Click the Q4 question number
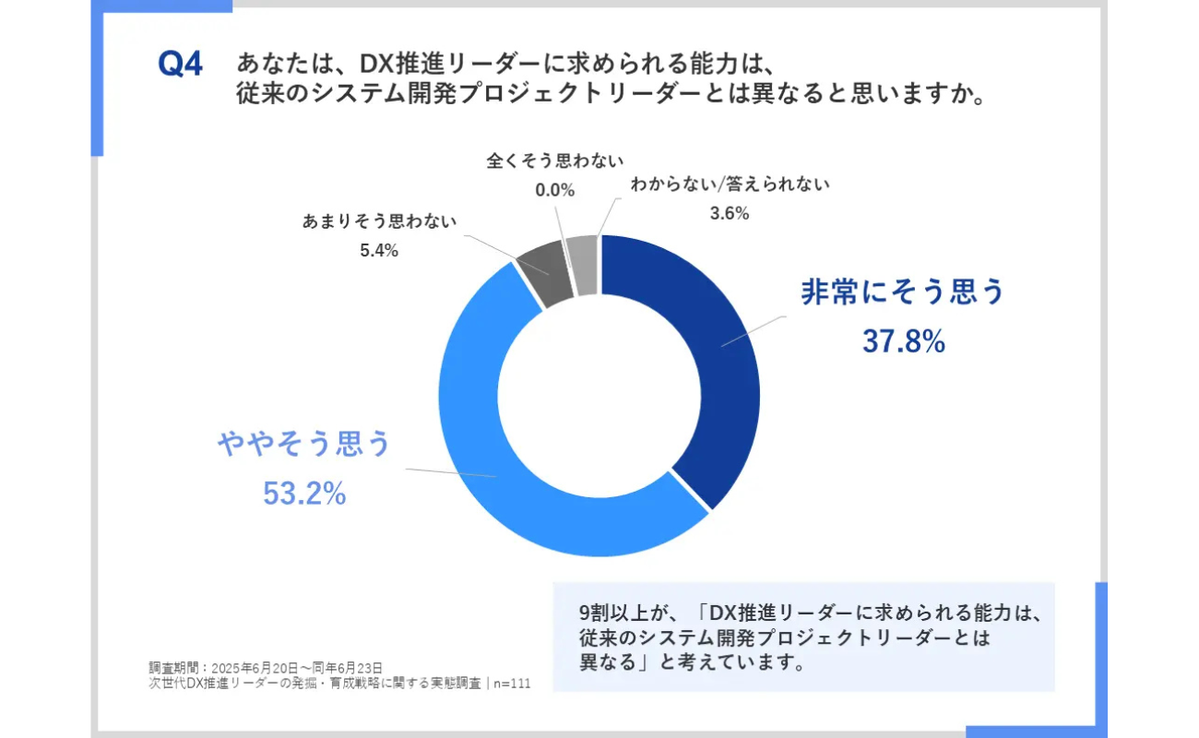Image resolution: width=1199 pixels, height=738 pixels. [x=180, y=66]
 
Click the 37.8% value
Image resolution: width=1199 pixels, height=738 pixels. [x=903, y=341]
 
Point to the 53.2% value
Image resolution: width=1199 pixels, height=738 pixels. [x=304, y=494]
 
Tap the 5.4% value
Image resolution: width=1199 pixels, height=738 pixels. [x=378, y=250]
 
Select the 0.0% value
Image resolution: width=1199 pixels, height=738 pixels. [x=555, y=190]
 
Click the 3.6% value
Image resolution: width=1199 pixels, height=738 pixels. [x=729, y=213]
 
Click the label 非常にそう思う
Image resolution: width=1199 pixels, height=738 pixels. [x=902, y=292]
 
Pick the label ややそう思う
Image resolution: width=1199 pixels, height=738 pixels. [x=304, y=445]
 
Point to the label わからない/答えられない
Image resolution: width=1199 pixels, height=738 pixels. [x=730, y=184]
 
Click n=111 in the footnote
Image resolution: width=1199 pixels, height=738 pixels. [x=511, y=684]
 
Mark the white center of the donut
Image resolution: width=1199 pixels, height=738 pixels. [x=599, y=397]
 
